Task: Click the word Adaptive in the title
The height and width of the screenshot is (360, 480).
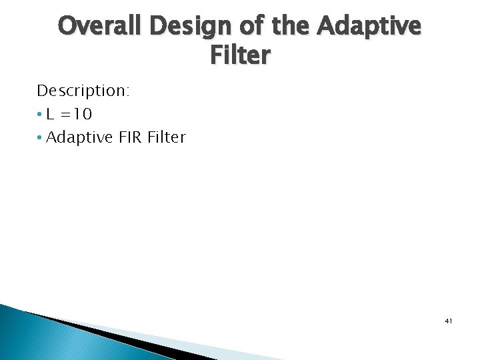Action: click(368, 28)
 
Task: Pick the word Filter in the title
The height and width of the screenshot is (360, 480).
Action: click(240, 56)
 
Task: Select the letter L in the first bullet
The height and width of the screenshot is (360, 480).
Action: click(51, 114)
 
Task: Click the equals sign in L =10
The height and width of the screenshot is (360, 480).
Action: click(67, 115)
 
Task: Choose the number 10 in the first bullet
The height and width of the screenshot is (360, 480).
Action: click(83, 114)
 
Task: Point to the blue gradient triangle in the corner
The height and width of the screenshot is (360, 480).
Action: click(40, 340)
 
